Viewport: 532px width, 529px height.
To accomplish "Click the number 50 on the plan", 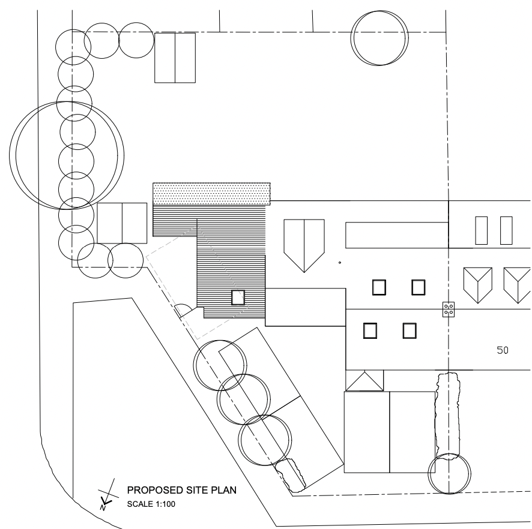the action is pyautogui.click(x=502, y=350).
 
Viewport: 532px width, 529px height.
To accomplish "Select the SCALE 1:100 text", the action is pyautogui.click(x=151, y=504).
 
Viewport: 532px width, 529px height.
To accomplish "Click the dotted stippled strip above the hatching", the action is pyautogui.click(x=211, y=193).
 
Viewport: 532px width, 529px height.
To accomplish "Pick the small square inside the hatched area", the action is pyautogui.click(x=238, y=297).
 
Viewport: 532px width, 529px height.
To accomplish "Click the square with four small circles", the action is pyautogui.click(x=448, y=309).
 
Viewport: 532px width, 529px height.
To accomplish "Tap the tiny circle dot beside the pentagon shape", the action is pyautogui.click(x=340, y=263).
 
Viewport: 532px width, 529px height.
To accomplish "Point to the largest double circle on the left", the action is pyautogui.click(x=69, y=155).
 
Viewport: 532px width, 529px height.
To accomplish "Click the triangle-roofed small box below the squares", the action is pyautogui.click(x=364, y=380).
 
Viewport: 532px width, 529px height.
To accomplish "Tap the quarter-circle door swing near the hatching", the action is pyautogui.click(x=183, y=311).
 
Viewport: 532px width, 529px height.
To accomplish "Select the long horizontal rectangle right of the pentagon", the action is pyautogui.click(x=397, y=234).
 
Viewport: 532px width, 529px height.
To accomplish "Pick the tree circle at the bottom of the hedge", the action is pyautogui.click(x=449, y=474).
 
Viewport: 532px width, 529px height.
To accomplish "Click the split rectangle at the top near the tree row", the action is pyautogui.click(x=175, y=58).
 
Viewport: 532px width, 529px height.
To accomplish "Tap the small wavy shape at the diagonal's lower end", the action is pyautogui.click(x=292, y=473).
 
